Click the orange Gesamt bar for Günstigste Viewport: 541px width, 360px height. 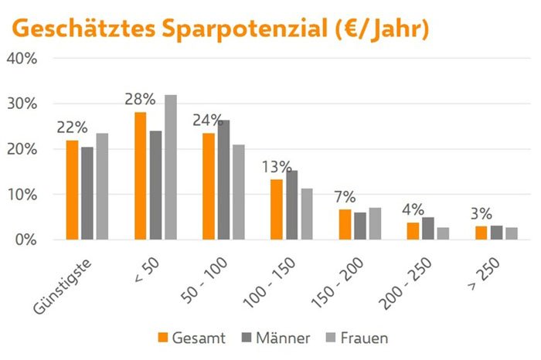pyautogui.click(x=72, y=190)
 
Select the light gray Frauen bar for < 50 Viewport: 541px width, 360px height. pyautogui.click(x=170, y=167)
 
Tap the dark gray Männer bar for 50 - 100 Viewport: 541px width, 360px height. pyautogui.click(x=223, y=180)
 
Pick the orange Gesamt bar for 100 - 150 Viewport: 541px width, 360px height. pyautogui.click(x=277, y=209)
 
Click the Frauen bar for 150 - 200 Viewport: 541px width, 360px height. pyautogui.click(x=375, y=224)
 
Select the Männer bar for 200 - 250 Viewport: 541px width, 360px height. pyautogui.click(x=427, y=229)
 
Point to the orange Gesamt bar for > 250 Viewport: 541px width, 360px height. pyautogui.click(x=481, y=233)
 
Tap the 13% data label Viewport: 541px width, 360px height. pyautogui.click(x=276, y=167)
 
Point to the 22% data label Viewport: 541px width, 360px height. pyautogui.click(x=72, y=127)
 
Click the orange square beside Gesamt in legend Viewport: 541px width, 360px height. pyautogui.click(x=162, y=338)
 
